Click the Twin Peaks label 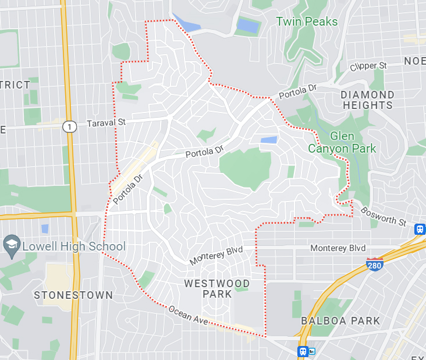click(x=306, y=22)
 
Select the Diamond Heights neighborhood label click(x=367, y=100)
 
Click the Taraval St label click(x=106, y=123)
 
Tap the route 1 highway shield click(x=70, y=126)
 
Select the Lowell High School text click(x=73, y=246)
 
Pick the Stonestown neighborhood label click(x=73, y=295)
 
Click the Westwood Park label click(x=217, y=288)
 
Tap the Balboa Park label click(x=340, y=321)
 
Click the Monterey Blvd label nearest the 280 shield click(x=338, y=248)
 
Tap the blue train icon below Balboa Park click(x=303, y=351)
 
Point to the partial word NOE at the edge click(x=415, y=61)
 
